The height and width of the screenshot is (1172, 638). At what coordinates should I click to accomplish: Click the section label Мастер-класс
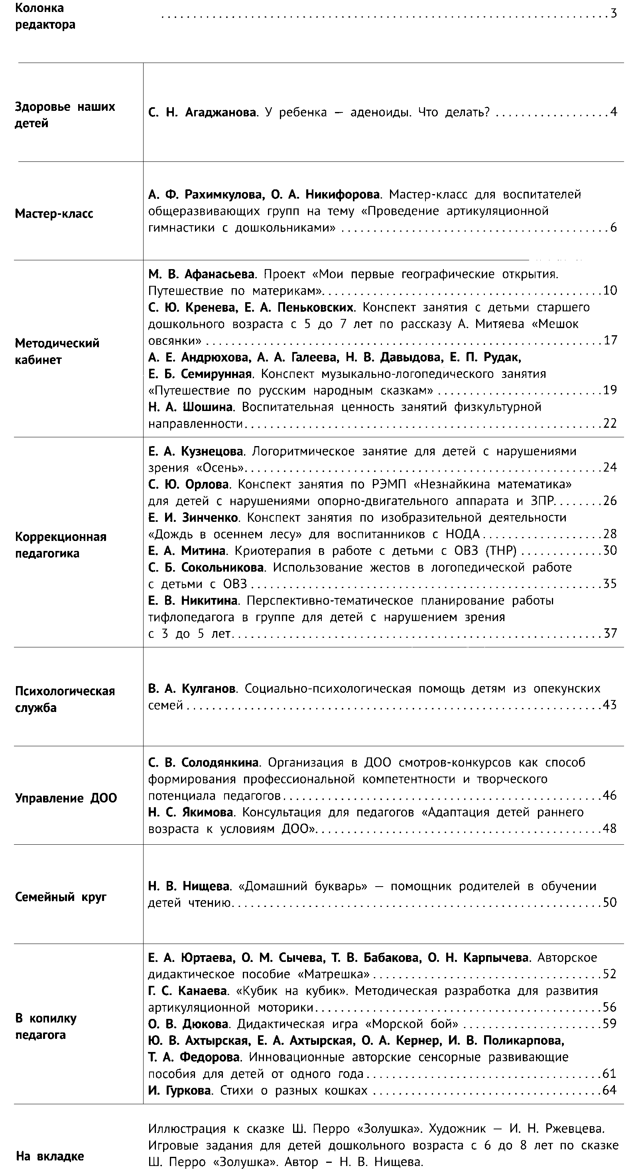54,213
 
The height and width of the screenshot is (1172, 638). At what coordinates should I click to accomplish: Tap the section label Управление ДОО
66,798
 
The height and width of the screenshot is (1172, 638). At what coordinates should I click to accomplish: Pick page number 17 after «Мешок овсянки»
610,340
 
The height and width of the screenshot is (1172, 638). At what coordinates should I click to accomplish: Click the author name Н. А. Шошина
191,407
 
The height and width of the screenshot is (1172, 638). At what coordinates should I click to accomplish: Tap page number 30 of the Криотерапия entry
610,551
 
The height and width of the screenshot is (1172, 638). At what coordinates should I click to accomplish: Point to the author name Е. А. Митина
187,551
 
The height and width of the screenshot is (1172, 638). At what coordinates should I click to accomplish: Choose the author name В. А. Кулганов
191,688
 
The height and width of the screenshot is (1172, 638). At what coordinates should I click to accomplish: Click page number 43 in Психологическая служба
610,705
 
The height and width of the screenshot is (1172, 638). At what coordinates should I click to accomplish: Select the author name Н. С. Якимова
191,812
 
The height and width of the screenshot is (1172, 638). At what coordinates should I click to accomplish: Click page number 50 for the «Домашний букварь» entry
610,902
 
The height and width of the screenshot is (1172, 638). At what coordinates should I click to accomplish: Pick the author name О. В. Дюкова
188,1024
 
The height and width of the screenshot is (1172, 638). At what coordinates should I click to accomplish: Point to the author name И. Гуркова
179,1090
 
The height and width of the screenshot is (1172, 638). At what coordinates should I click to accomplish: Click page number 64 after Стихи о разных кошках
610,1090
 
